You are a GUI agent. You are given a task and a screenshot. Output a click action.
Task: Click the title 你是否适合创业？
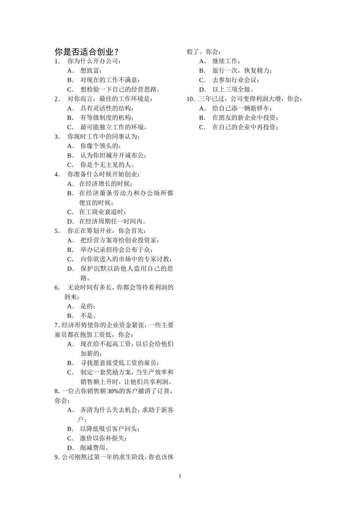tap(87, 52)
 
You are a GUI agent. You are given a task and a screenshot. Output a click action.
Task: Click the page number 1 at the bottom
tap(180, 476)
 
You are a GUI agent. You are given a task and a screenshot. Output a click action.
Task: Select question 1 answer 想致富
tap(91, 70)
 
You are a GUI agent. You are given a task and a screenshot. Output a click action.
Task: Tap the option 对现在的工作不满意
tap(110, 80)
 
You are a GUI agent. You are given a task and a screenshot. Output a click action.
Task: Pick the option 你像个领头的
tap(100, 146)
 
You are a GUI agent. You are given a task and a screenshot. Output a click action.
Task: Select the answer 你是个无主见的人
tap(107, 165)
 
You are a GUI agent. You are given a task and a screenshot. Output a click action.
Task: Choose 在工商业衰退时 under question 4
tap(102, 212)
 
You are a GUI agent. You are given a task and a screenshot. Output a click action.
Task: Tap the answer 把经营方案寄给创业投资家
tap(119, 240)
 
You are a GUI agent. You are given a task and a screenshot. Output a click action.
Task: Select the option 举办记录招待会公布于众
tap(116, 250)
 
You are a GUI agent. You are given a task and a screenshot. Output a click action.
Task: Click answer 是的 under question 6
tap(88, 306)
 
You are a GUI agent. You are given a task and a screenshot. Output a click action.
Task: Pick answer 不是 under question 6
tap(88, 315)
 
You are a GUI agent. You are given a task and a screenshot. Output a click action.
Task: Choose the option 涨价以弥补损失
tap(103, 438)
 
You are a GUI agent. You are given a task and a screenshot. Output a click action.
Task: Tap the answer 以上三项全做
tap(233, 89)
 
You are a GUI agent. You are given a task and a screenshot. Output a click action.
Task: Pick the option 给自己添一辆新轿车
tap(242, 108)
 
